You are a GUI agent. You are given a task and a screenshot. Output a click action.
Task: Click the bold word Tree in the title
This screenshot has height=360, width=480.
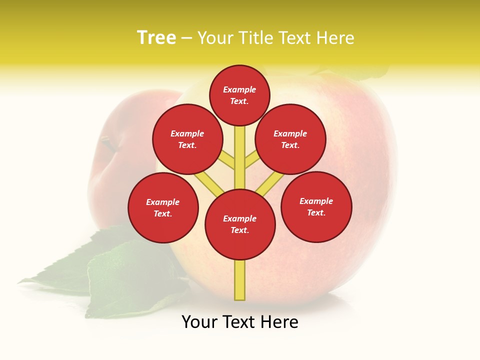[156, 38]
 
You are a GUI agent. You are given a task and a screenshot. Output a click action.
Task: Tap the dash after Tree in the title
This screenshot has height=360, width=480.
[186, 38]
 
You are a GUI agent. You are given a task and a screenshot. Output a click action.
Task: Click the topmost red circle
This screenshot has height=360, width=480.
[239, 95]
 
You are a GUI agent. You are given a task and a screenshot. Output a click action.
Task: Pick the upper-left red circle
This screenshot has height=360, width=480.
[187, 139]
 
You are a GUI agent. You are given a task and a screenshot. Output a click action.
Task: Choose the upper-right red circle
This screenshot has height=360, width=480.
[290, 139]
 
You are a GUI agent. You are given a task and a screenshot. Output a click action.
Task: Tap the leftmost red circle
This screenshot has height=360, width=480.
[163, 207]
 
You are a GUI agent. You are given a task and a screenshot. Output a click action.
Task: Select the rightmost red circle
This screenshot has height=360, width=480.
[316, 206]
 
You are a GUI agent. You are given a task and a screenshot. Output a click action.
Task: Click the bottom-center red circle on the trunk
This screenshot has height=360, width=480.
[240, 224]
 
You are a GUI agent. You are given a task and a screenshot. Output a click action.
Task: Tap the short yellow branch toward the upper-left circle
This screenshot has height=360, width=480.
[227, 160]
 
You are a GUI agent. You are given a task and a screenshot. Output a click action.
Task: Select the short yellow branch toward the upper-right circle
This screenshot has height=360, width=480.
[252, 160]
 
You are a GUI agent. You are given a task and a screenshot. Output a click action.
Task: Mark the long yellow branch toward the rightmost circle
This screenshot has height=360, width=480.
[270, 184]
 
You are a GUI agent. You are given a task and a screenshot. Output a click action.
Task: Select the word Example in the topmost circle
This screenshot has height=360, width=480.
[239, 89]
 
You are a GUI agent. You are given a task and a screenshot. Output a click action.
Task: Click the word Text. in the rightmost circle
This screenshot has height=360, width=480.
[316, 212]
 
